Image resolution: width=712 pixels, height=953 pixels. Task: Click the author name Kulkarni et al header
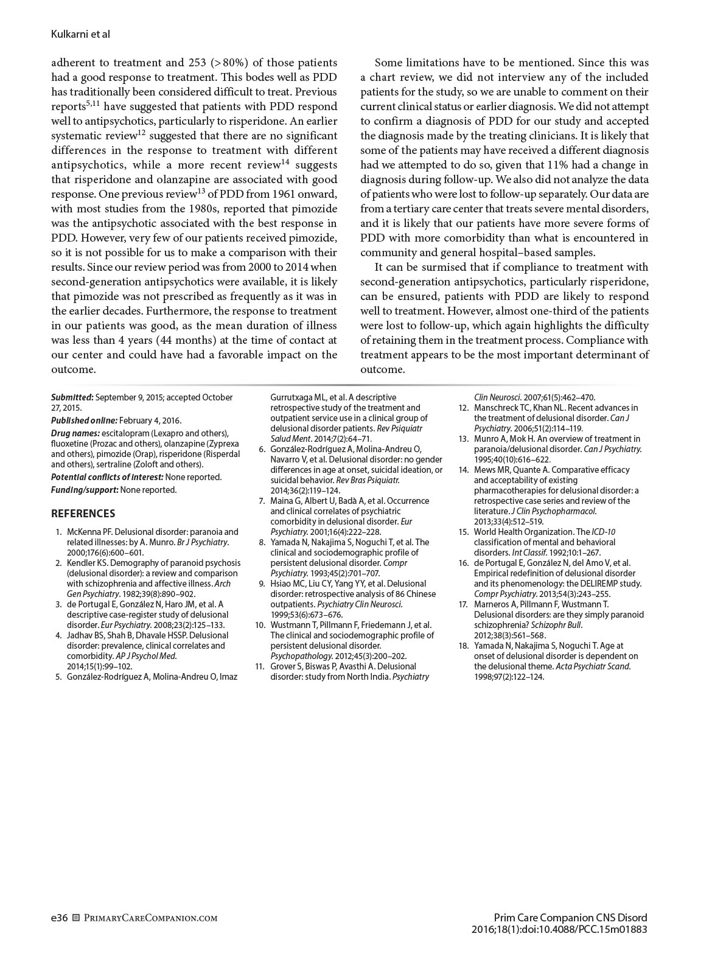pos(80,34)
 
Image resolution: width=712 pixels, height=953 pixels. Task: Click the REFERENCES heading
pos(83,514)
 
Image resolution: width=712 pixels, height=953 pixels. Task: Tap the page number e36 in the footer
pos(59,918)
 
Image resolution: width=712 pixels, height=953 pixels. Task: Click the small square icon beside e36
pos(76,918)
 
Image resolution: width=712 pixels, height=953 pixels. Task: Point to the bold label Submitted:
pos(72,397)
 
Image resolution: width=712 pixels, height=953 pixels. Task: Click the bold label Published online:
pos(84,421)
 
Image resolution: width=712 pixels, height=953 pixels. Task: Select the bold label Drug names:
pos(75,433)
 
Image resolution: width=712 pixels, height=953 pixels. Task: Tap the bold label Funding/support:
pos(85,490)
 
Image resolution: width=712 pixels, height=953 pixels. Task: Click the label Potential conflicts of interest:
pos(107,477)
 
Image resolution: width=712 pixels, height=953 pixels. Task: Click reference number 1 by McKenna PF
pos(58,532)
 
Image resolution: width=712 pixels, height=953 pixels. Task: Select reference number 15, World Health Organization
pos(464,532)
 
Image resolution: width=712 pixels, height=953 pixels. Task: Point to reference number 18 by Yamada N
pos(464,646)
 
